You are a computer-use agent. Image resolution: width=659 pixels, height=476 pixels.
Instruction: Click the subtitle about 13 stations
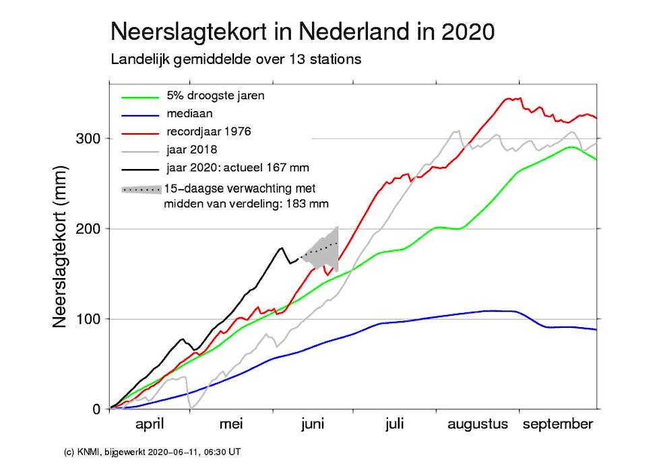[236, 59]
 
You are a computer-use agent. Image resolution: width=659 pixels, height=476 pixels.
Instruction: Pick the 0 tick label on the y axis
[96, 409]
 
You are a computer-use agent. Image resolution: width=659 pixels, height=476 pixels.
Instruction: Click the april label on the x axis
[150, 425]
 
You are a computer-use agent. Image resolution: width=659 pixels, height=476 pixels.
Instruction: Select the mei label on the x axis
[230, 425]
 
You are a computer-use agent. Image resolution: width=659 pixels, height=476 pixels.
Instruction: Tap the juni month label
[313, 425]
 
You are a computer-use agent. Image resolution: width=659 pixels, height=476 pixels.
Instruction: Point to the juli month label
[394, 425]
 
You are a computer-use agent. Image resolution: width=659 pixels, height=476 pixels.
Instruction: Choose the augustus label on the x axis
[476, 425]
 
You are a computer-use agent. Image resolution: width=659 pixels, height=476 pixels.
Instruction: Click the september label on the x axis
[559, 425]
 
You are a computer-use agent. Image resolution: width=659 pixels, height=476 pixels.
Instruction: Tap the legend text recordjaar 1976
[209, 131]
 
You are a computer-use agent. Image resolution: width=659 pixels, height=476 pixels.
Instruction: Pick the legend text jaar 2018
[197, 149]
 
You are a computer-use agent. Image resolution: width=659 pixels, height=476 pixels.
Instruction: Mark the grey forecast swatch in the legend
[141, 190]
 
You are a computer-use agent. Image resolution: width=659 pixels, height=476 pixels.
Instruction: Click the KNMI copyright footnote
[148, 452]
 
